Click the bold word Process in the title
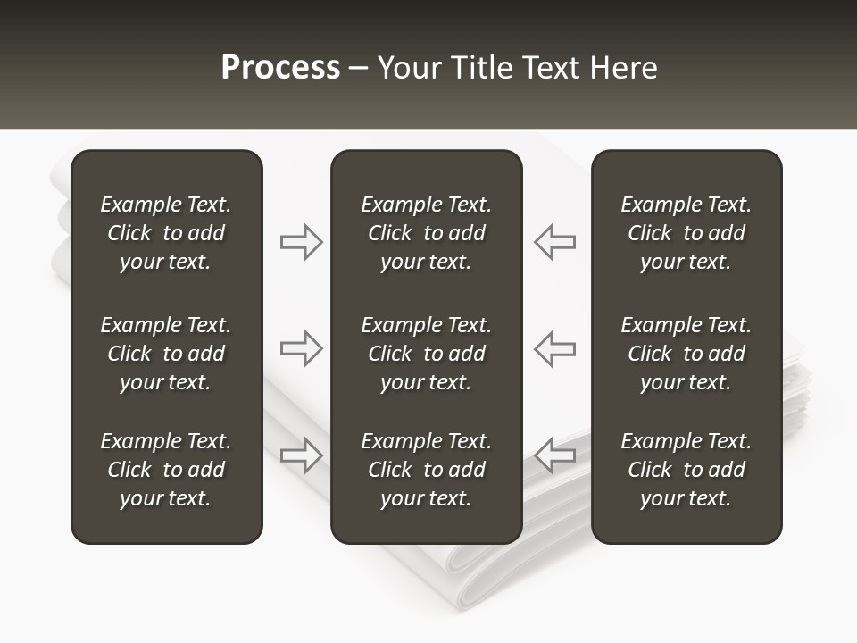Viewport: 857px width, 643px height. tap(280, 68)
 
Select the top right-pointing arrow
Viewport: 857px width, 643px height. tap(302, 242)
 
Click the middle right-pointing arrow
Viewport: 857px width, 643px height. tap(302, 348)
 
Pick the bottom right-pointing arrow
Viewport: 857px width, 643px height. tap(302, 455)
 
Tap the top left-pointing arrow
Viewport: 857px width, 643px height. tap(554, 242)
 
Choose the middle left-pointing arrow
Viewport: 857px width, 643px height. tap(554, 348)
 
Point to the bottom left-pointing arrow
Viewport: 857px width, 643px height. tap(554, 455)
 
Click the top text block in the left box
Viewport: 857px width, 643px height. tap(166, 233)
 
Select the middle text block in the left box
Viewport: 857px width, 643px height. tap(166, 354)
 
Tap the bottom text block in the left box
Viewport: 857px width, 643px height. tap(166, 470)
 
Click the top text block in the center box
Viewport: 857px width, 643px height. tap(426, 233)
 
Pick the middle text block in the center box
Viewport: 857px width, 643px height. tap(426, 354)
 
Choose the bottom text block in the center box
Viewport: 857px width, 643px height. tap(426, 470)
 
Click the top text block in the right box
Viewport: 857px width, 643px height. tap(686, 233)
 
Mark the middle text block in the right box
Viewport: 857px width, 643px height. tap(686, 354)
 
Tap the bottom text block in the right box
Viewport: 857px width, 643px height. tap(686, 470)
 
